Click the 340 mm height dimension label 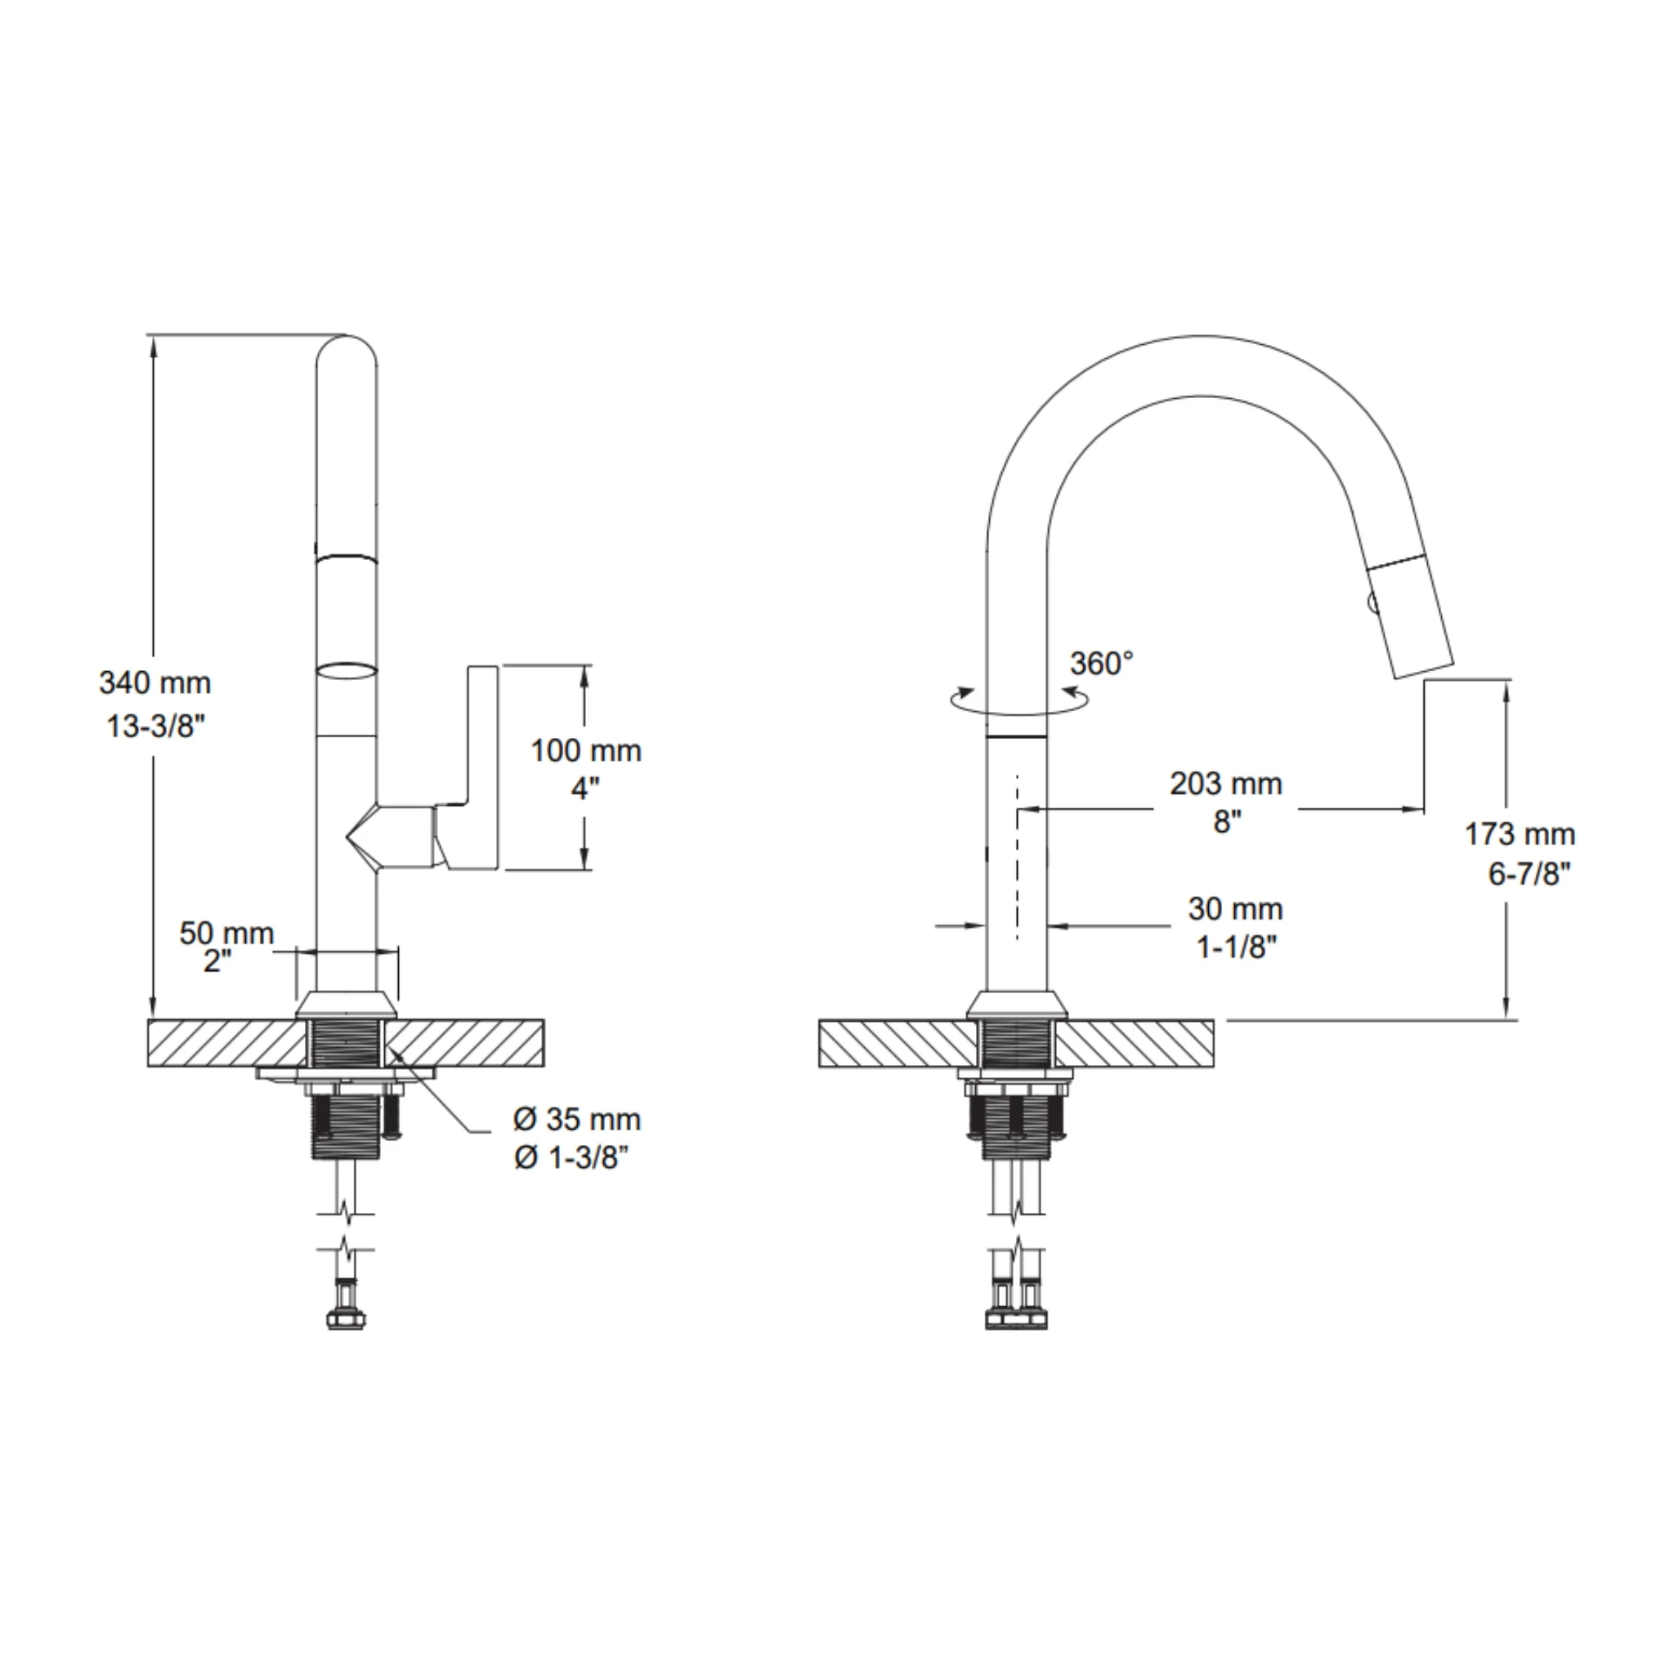click(x=155, y=683)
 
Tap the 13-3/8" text click(x=155, y=726)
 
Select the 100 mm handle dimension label click(x=587, y=750)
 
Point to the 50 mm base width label click(x=227, y=933)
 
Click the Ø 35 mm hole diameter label click(x=577, y=1120)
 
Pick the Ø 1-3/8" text click(x=571, y=1158)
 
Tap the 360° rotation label click(x=1101, y=665)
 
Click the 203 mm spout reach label click(x=1226, y=783)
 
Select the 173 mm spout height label click(x=1520, y=835)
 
